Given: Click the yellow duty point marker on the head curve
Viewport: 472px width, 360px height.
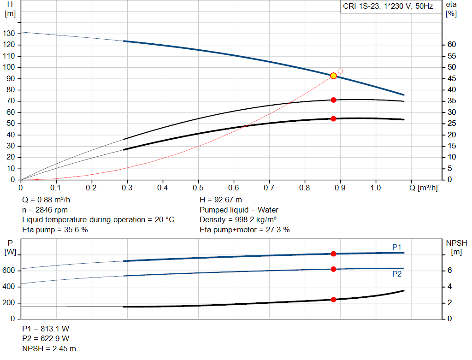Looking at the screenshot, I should point(333,76).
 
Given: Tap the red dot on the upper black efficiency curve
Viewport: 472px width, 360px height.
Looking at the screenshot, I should point(333,100).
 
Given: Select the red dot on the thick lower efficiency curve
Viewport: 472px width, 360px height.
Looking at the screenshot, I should point(333,118).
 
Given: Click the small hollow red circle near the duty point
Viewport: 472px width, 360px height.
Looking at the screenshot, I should point(340,71).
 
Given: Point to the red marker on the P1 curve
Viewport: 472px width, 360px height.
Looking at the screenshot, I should point(333,254).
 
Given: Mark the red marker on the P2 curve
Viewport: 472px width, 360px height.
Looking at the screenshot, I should point(333,269).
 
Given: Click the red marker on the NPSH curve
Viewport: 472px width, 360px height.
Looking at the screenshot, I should point(333,300).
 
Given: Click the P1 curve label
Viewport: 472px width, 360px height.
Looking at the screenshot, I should point(397,248).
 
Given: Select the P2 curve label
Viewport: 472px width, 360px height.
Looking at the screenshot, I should point(397,274).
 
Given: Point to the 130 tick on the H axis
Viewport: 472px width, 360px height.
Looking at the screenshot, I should point(9,34).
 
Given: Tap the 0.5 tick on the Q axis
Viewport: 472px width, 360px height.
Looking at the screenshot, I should point(198,188).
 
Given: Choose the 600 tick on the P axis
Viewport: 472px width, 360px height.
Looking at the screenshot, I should point(9,271).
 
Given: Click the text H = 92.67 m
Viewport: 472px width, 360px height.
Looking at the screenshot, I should point(221,200).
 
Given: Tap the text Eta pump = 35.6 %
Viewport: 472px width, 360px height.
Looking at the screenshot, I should point(55,230).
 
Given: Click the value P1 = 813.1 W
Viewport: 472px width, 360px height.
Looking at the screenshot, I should point(46,329).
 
